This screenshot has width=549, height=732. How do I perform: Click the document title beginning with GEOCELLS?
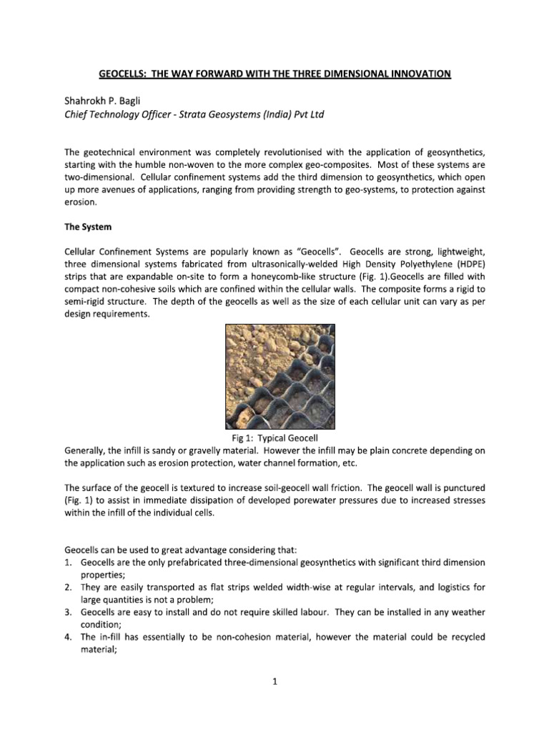click(274, 74)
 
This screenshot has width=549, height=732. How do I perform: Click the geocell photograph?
click(275, 376)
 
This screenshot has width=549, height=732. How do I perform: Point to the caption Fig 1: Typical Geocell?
click(274, 437)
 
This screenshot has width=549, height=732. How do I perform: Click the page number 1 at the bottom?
click(274, 682)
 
